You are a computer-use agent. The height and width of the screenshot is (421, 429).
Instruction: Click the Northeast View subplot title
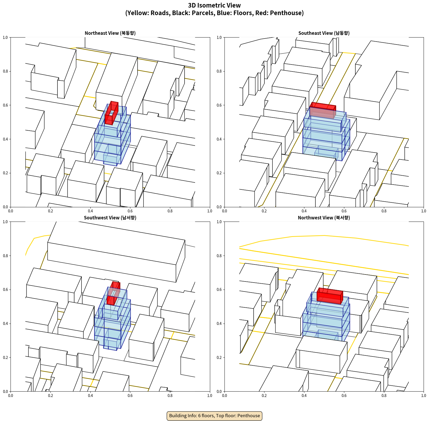[110, 33]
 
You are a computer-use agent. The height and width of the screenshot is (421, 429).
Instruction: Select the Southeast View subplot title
[324, 33]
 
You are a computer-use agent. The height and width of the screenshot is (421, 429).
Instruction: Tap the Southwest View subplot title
[110, 218]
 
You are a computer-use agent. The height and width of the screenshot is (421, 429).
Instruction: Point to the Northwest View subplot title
[324, 218]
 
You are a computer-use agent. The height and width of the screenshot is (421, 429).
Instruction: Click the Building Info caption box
[214, 416]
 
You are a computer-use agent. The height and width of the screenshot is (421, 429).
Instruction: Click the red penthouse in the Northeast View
[111, 113]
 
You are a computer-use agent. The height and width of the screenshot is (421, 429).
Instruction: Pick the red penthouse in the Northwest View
[330, 296]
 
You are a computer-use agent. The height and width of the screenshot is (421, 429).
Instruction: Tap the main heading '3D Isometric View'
[214, 5]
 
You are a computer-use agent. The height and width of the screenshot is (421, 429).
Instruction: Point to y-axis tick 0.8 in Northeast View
[5, 71]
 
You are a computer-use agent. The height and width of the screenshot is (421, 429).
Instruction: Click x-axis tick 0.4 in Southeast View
[304, 211]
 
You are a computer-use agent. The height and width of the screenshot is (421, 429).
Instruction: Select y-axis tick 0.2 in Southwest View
[5, 357]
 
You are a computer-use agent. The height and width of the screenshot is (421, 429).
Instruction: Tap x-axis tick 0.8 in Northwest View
[384, 396]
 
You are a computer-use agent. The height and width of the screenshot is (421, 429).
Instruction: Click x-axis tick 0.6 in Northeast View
[130, 211]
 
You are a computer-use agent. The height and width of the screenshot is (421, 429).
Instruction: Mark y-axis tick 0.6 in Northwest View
[219, 290]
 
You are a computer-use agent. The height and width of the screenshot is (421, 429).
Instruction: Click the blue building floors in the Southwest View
[113, 321]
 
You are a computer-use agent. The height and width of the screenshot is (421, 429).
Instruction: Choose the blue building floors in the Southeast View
[326, 135]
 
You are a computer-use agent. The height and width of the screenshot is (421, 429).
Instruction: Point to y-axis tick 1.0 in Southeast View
[219, 37]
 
